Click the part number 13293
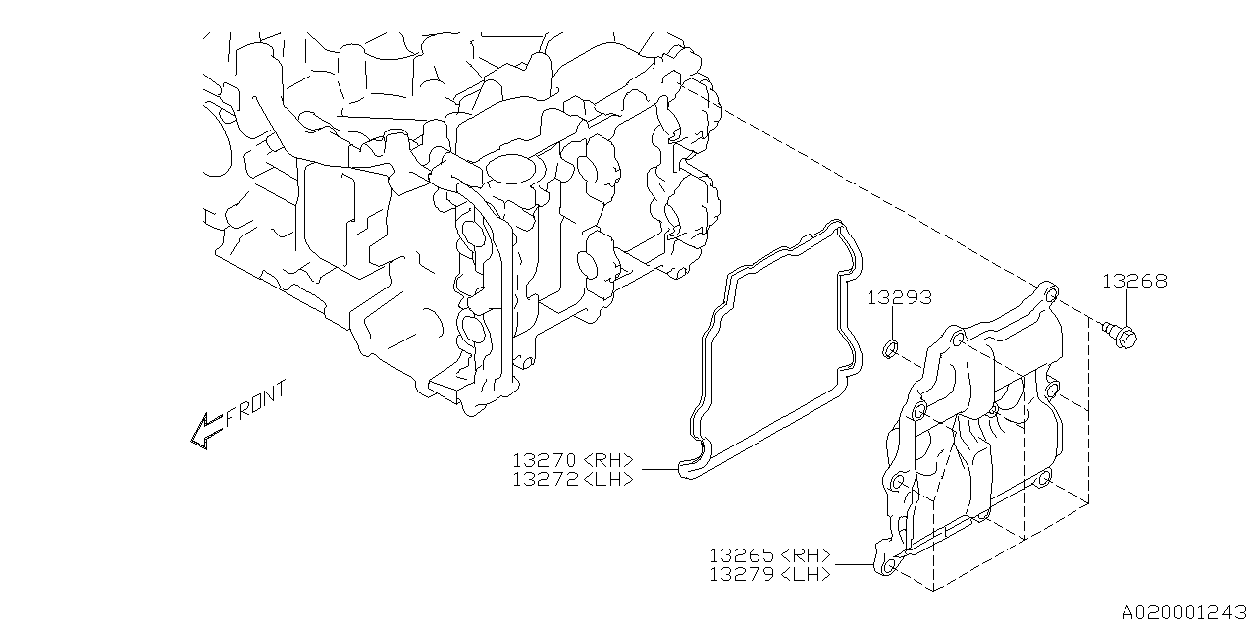point(899,297)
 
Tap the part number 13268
point(1134,281)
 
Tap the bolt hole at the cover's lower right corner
point(1044,479)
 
